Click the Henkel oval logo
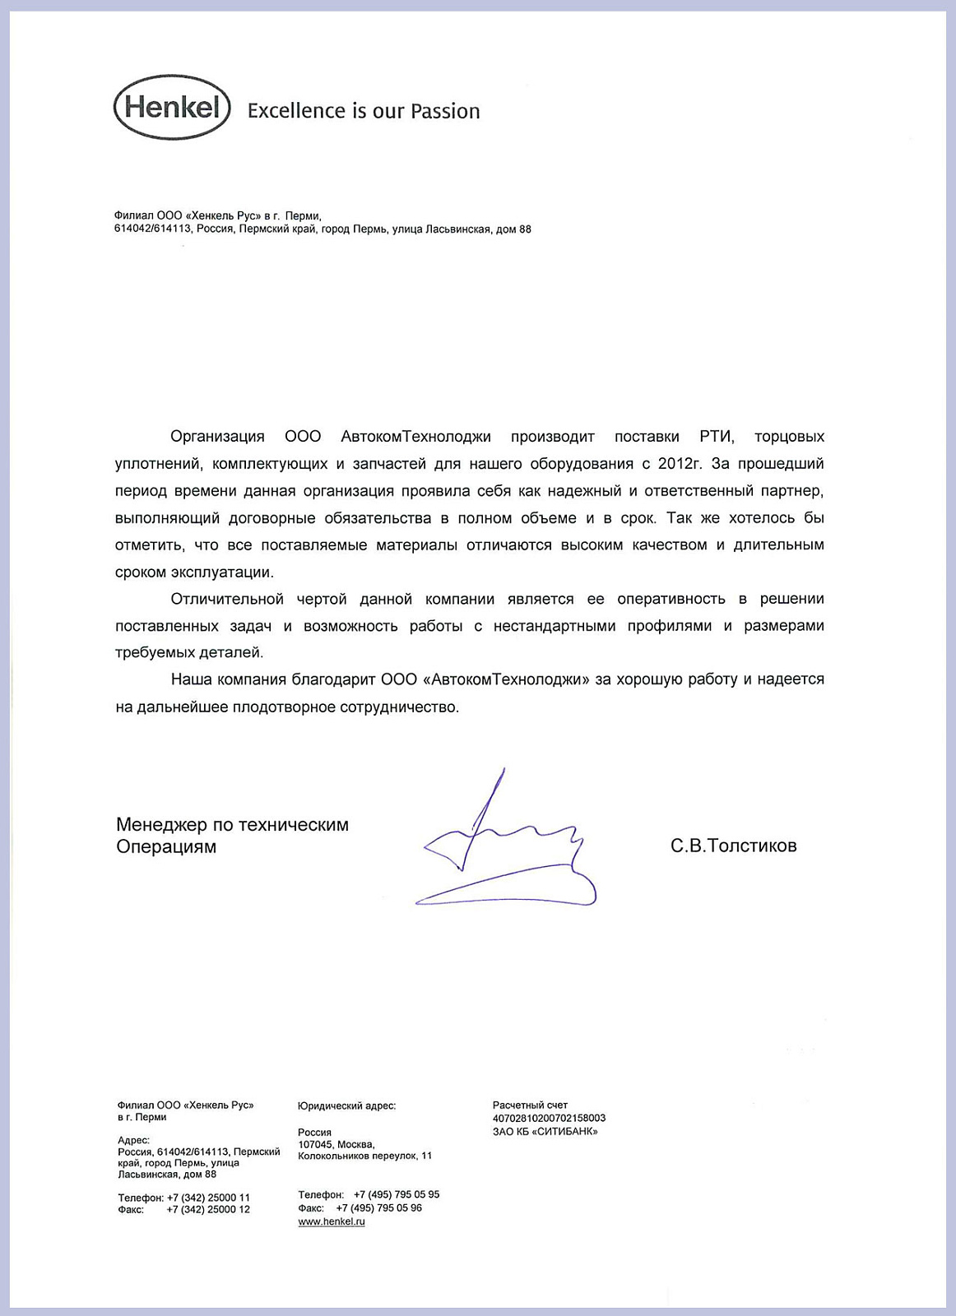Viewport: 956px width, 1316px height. [x=172, y=108]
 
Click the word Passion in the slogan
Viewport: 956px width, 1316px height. [x=445, y=111]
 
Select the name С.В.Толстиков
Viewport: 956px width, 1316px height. [x=733, y=846]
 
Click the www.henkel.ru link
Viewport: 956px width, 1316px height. [x=332, y=1222]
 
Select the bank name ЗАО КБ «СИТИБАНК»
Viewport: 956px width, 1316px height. [x=545, y=1132]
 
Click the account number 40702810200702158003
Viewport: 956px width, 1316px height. [x=549, y=1119]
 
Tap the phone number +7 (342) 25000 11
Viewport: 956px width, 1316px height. [x=208, y=1198]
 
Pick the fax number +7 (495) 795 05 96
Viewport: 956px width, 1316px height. [x=379, y=1208]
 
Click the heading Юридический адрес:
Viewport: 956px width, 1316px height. [x=346, y=1106]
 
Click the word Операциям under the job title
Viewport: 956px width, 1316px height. [x=166, y=847]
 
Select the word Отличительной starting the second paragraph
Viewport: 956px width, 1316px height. [x=227, y=599]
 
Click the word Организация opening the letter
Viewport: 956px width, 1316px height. [x=217, y=437]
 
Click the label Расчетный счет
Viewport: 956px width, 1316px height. [x=530, y=1105]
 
